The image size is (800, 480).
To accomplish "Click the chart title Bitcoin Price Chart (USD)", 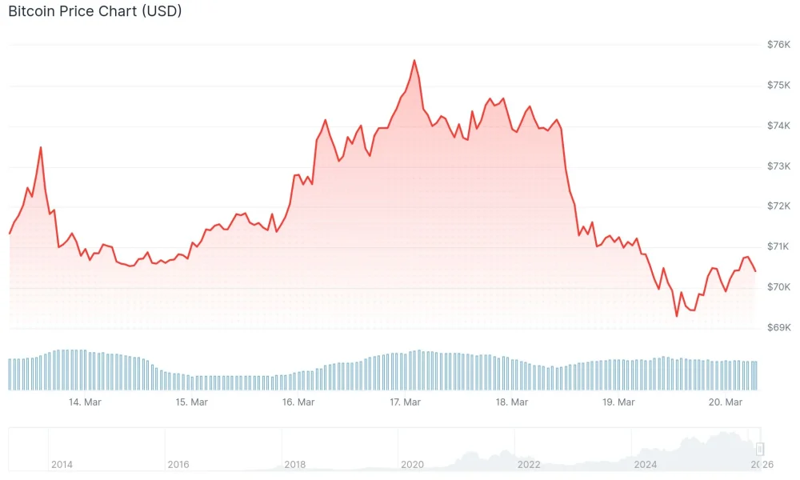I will point(94,12).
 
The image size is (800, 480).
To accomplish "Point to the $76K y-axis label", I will point(778,45).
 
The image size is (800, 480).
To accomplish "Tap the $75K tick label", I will point(778,86).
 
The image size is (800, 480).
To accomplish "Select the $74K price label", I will point(778,126).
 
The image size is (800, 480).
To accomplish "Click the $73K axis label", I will point(778,166).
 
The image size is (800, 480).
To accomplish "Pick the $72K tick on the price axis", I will point(778,206).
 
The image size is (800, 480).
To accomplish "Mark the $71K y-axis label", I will point(778,246).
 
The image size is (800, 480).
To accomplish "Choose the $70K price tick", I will point(778,287).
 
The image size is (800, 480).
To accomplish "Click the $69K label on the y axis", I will point(778,327).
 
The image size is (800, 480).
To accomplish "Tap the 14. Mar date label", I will point(85,402).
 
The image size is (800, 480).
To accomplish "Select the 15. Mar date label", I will point(191,402).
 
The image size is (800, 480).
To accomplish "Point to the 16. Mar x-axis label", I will point(298,402).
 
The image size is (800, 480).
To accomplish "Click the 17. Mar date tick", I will point(405,402).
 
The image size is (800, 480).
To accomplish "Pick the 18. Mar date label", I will point(512,402).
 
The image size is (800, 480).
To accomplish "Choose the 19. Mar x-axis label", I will point(618,402).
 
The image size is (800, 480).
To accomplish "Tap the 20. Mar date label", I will point(726,402).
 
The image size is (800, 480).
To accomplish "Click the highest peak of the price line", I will point(414,60).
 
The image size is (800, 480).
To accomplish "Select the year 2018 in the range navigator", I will point(294,464).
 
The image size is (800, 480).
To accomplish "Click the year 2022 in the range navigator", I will point(529,464).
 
